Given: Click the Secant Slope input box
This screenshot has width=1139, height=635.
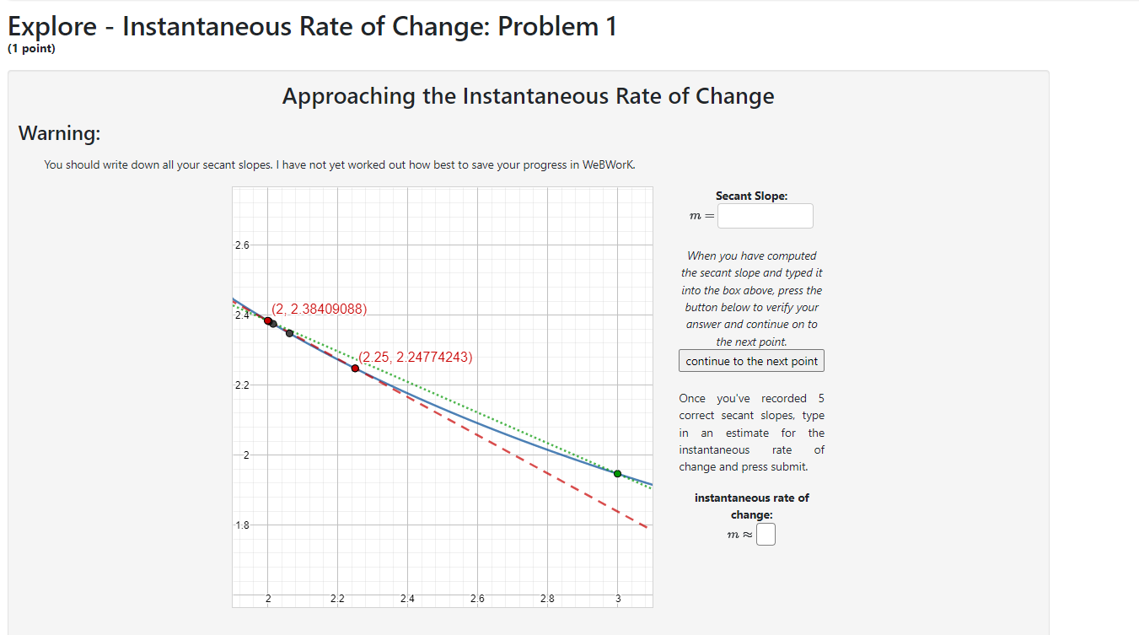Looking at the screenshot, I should point(766,216).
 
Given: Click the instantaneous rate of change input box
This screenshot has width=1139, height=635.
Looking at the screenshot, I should point(766,535).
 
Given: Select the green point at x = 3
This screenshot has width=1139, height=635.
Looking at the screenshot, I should point(617,474).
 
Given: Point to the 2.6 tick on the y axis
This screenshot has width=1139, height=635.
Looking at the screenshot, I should point(242,245).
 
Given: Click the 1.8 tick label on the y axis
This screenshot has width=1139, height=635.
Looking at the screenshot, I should point(242,525).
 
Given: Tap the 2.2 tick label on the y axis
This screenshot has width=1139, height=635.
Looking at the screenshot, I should point(242,385).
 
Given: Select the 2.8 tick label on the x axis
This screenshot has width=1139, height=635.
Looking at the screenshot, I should point(547,599).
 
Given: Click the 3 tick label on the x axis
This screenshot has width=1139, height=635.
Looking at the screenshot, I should point(617,599).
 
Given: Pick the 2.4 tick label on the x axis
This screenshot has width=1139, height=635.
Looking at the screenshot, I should point(407,599).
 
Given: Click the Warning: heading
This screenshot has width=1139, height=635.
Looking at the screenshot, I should point(59,133).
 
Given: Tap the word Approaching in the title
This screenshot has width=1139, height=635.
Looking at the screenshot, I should point(348,96).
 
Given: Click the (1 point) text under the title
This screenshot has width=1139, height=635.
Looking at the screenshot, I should point(31,49).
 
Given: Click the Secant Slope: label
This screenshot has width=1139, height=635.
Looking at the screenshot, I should point(751,196).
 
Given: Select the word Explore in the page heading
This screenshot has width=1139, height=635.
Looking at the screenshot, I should point(52,27).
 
